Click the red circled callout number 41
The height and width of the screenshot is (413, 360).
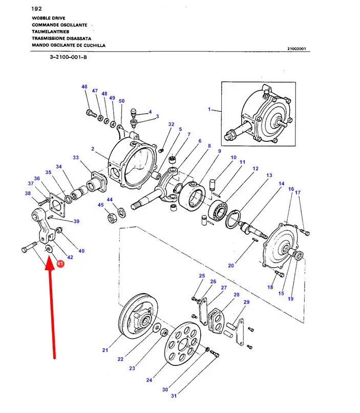[60, 264]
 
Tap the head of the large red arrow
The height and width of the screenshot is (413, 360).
[50, 262]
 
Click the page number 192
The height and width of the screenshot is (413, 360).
[36, 9]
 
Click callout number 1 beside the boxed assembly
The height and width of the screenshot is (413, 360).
[209, 110]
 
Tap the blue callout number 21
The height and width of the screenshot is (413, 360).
[105, 350]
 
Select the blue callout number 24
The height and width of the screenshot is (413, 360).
[149, 380]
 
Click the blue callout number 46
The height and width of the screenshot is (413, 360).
[84, 87]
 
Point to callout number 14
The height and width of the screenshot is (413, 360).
[281, 184]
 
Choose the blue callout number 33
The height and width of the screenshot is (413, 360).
[76, 158]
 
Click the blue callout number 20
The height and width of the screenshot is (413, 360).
[231, 265]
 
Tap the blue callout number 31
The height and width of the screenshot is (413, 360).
[174, 396]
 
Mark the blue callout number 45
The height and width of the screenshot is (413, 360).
[101, 205]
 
